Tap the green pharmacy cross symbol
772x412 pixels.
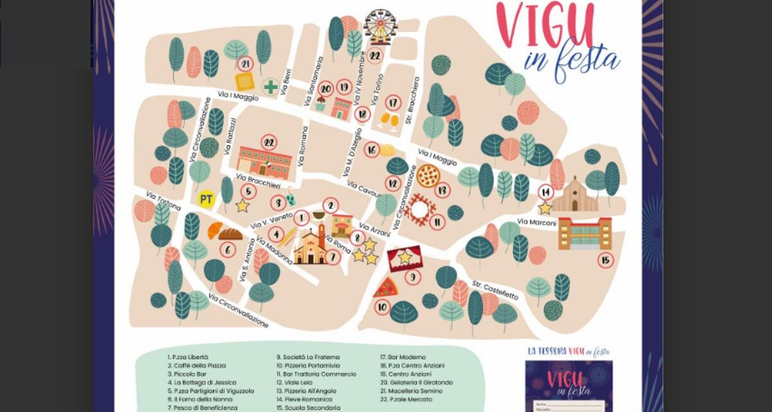[271, 86]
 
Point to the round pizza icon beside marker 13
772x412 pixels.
[428, 174]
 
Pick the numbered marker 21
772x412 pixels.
[244, 64]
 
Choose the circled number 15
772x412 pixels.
[605, 260]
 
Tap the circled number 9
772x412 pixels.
[412, 277]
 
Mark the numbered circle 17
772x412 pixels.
[394, 103]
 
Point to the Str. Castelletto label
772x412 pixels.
[495, 290]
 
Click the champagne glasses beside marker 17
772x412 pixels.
[390, 120]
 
